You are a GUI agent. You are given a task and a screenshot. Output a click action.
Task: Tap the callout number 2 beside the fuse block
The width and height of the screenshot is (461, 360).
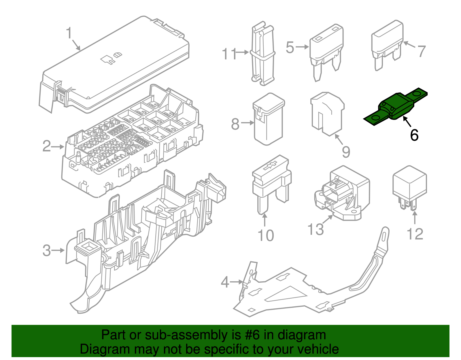pos(46,146)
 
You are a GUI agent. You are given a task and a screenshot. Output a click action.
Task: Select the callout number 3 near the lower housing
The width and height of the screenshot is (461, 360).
pos(46,250)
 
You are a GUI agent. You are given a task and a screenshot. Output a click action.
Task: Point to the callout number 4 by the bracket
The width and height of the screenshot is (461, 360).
pos(225,282)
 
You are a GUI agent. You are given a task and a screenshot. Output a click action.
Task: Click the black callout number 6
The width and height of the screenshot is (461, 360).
pos(414,135)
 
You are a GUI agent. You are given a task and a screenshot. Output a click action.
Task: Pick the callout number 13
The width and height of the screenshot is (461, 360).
pos(315,230)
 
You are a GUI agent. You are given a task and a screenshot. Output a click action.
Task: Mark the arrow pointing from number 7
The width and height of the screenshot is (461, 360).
pos(409,45)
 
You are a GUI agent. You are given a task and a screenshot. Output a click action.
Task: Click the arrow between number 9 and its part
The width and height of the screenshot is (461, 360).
pos(339,140)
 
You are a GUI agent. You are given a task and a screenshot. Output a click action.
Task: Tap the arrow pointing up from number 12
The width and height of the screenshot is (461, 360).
pos(415,217)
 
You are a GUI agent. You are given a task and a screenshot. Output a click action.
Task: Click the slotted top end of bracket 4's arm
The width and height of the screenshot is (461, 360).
pos(385,235)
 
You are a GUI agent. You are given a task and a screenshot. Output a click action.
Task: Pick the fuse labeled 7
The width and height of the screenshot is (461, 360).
pos(387,43)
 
